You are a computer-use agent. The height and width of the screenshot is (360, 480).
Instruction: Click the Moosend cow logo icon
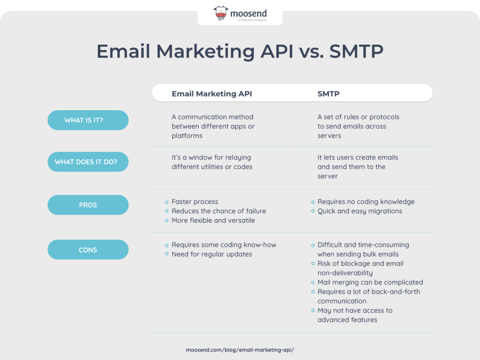221,14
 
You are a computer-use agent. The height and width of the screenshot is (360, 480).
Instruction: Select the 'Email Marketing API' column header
211,94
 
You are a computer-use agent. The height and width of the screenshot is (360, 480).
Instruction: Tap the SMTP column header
328,94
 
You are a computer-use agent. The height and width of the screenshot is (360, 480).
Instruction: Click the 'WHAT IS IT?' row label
88,120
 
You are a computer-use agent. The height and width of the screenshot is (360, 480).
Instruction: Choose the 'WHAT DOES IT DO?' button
88,162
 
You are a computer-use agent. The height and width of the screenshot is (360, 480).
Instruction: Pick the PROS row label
88,205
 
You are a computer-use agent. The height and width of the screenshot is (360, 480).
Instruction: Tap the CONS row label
88,250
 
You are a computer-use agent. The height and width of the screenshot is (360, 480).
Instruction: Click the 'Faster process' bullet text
195,202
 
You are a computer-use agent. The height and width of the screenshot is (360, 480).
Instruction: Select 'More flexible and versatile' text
213,220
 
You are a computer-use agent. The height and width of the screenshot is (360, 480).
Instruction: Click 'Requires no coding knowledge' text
366,202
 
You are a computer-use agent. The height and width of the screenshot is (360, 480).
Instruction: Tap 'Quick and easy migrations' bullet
360,211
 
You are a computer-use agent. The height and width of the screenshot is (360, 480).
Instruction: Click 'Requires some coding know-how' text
224,245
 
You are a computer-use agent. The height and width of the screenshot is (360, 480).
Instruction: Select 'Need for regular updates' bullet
211,254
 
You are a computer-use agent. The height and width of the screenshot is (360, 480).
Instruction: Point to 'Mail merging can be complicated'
370,282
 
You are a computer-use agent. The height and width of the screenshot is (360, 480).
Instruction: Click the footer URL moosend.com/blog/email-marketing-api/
240,350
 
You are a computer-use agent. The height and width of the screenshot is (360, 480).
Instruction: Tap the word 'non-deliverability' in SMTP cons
345,273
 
